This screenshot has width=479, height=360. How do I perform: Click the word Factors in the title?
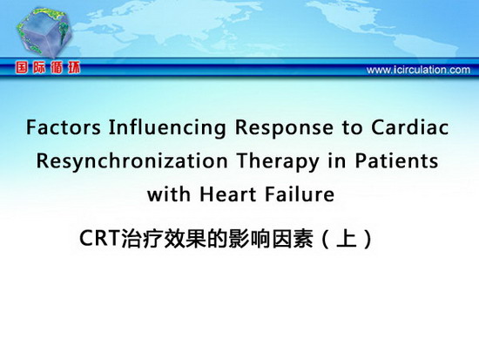point(64,127)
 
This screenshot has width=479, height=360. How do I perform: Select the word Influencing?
point(167,128)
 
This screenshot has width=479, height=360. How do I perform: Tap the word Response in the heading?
point(284,128)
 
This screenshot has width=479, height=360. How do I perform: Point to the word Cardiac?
point(409,127)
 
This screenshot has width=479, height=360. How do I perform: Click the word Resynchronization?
point(132,162)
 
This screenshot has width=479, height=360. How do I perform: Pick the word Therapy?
point(278,162)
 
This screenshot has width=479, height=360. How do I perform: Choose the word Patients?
point(396,160)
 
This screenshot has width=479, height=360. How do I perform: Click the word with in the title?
point(169,194)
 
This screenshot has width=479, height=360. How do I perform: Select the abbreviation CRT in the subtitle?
point(99,238)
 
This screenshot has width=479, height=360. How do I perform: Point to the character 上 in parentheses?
point(347,239)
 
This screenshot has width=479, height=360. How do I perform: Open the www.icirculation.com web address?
point(418,70)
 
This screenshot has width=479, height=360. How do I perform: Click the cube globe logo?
point(44,32)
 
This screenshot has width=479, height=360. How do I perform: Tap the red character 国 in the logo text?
point(22,68)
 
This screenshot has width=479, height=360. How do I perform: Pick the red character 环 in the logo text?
point(74,68)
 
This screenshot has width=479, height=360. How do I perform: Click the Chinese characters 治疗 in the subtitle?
point(141,239)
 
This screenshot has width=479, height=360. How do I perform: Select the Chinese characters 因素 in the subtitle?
point(293,239)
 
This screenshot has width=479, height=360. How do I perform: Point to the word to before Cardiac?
point(352,128)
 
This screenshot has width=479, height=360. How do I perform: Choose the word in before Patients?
point(337,160)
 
